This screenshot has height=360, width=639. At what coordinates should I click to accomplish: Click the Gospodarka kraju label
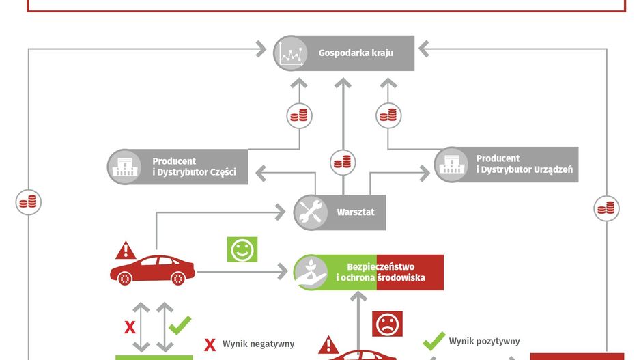[x=356, y=53]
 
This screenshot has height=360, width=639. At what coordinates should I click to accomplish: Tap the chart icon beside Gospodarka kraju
[x=292, y=53]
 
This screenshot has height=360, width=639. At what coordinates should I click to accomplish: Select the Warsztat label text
[x=356, y=212]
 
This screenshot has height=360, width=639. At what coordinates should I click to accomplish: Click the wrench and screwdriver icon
[x=311, y=212]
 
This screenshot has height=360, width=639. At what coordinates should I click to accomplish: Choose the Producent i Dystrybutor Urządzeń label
[x=524, y=164]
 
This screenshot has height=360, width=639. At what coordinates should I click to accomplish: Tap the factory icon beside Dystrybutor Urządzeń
[x=452, y=164]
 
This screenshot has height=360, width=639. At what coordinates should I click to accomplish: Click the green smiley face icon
[x=242, y=250]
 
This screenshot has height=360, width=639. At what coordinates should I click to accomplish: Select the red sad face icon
[x=387, y=323]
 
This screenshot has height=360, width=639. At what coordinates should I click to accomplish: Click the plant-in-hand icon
[x=311, y=272]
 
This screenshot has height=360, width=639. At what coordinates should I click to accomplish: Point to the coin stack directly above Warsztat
[x=343, y=163]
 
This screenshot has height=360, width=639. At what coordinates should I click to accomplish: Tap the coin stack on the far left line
[x=29, y=202]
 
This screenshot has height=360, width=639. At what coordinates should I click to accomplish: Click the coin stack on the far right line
[x=606, y=208]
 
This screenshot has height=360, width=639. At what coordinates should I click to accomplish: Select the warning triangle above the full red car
[x=126, y=250]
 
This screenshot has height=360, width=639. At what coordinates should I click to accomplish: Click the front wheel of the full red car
[x=125, y=278]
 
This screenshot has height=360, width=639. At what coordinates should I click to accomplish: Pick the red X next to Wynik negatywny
[x=210, y=344]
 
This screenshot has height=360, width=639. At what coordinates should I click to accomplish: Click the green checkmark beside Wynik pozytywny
[x=434, y=341]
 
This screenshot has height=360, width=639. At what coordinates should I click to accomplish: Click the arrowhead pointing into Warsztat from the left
[x=279, y=212]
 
